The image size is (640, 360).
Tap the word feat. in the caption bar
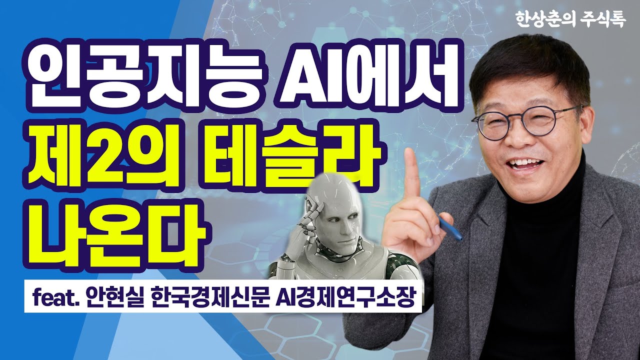[54, 298]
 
